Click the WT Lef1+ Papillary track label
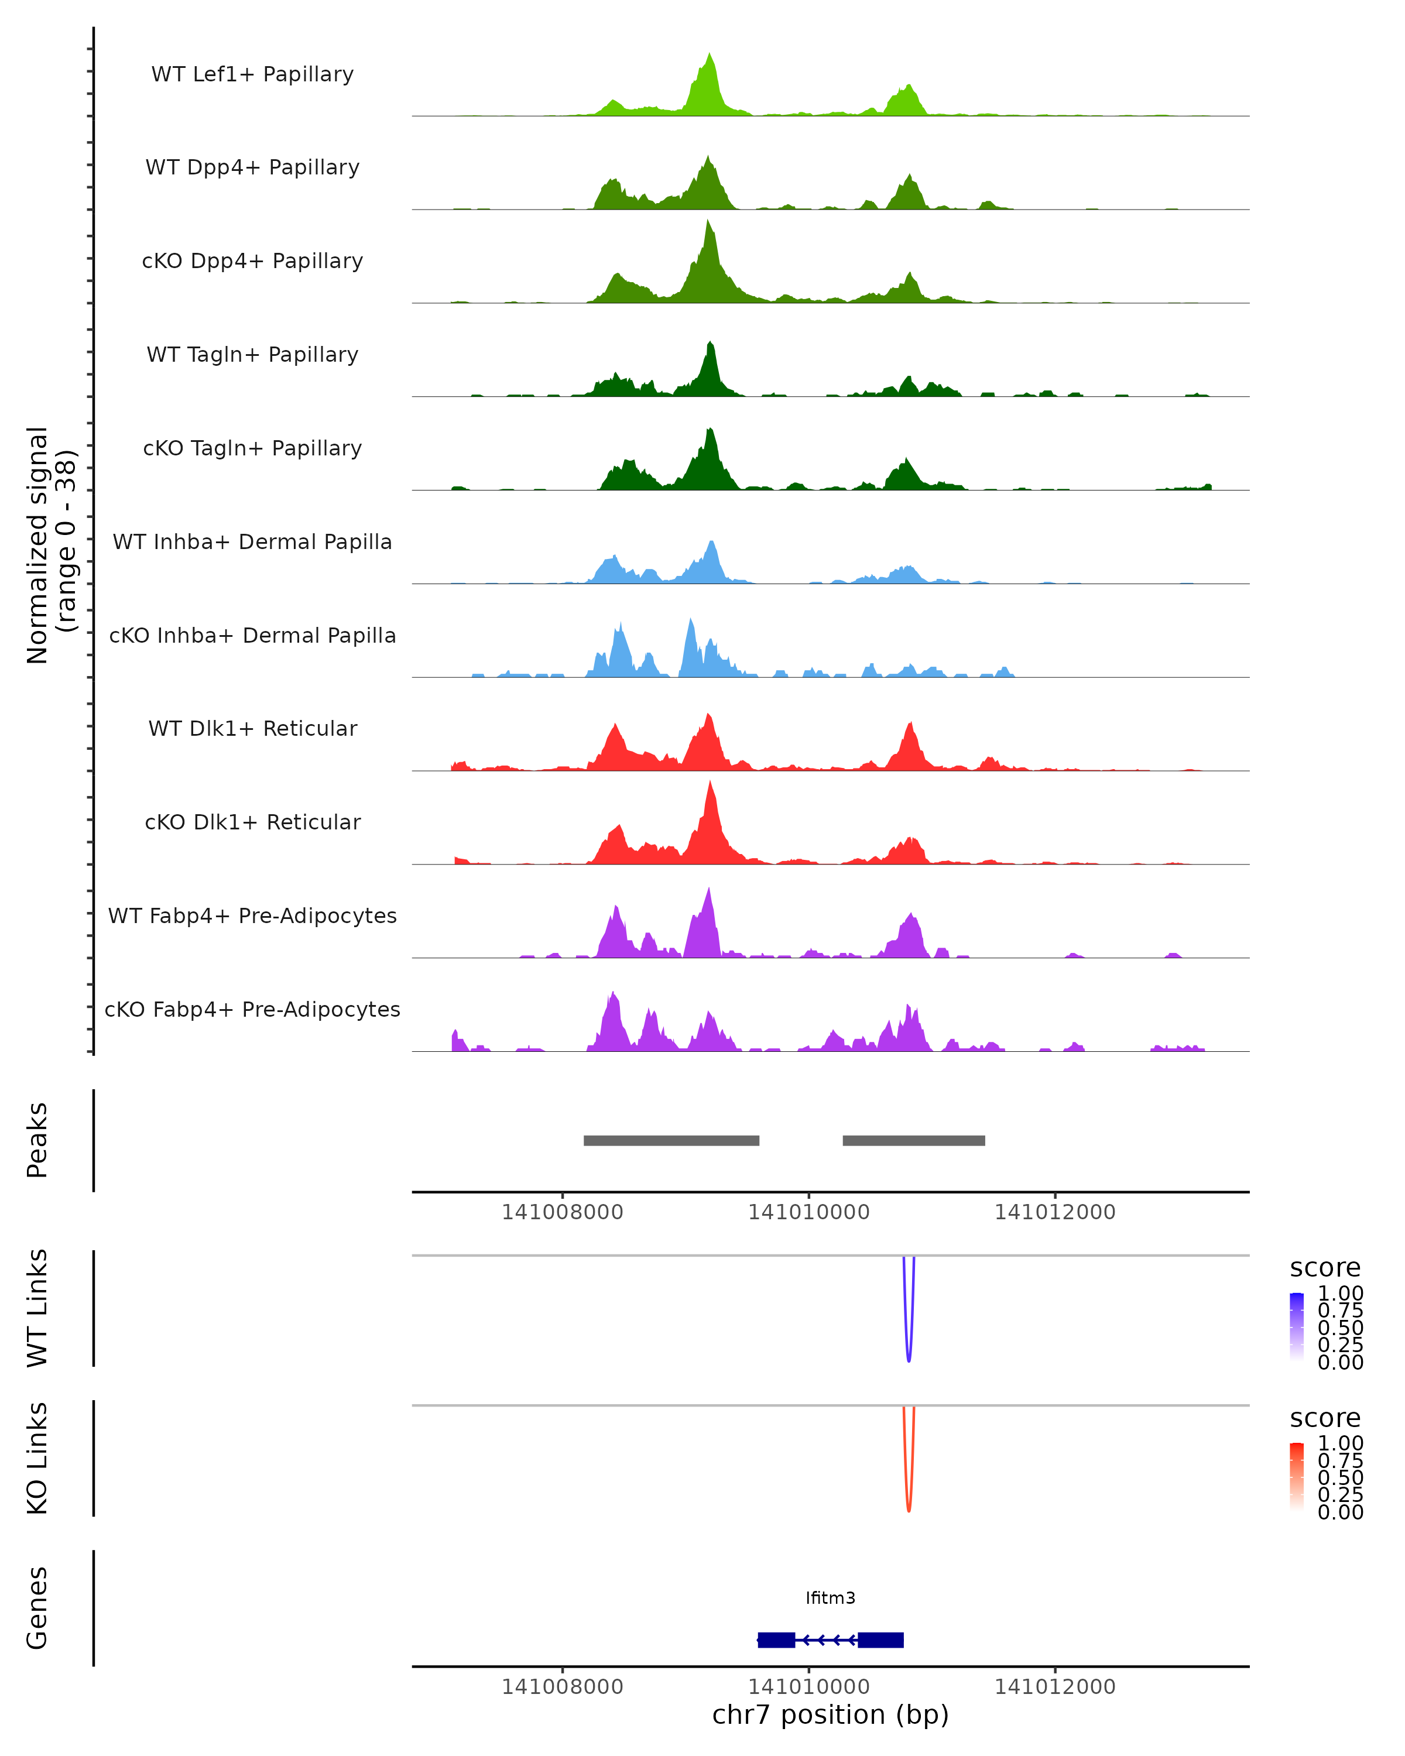[252, 74]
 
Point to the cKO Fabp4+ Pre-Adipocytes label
[252, 1009]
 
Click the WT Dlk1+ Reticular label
[252, 728]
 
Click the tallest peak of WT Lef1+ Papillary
[710, 57]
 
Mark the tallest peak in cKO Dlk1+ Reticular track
[710, 785]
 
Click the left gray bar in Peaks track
[671, 1140]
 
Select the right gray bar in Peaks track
[913, 1140]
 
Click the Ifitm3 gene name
[830, 1598]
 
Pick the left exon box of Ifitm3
[776, 1640]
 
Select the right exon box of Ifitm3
[880, 1640]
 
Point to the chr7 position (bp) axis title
[830, 1714]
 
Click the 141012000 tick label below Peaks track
[1055, 1212]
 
